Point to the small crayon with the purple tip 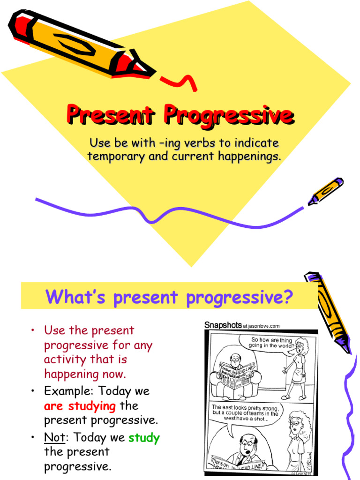pyautogui.click(x=325, y=191)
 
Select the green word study pyautogui.click(x=144, y=438)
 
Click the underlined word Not pyautogui.click(x=54, y=438)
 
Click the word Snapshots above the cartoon pyautogui.click(x=223, y=325)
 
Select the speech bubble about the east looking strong pyautogui.click(x=244, y=413)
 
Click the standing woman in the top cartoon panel pyautogui.click(x=297, y=370)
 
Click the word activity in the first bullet pyautogui.click(x=66, y=360)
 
